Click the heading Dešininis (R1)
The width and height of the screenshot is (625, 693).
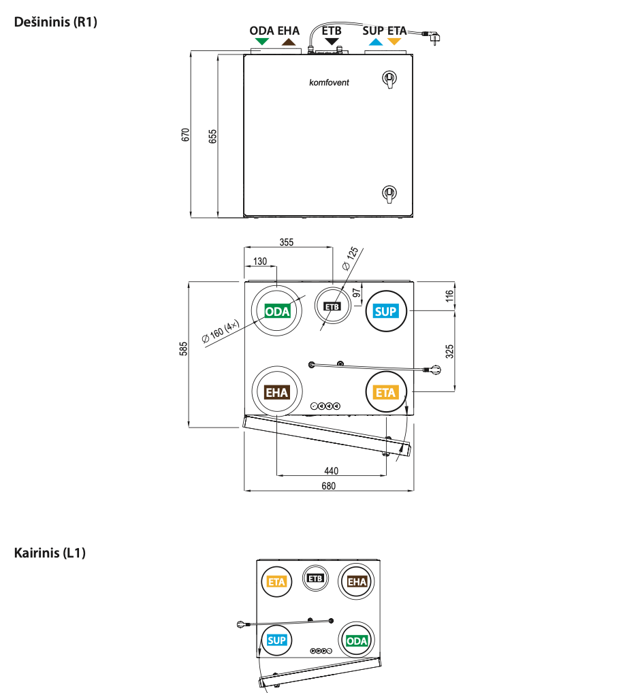56,22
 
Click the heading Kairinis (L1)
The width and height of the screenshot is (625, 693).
50,553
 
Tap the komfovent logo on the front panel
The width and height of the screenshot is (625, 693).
329,82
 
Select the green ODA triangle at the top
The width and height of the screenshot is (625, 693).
261,42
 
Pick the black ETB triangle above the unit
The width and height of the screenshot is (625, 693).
332,42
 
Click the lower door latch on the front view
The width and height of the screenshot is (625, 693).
389,193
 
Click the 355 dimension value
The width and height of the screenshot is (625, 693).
287,242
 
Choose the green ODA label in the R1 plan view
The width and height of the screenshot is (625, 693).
278,312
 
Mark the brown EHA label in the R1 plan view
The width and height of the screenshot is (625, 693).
277,392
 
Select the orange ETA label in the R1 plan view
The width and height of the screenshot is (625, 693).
385,392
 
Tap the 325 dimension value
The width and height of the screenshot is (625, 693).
449,351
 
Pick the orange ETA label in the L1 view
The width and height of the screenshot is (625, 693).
276,581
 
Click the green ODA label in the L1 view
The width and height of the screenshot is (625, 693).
357,641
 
